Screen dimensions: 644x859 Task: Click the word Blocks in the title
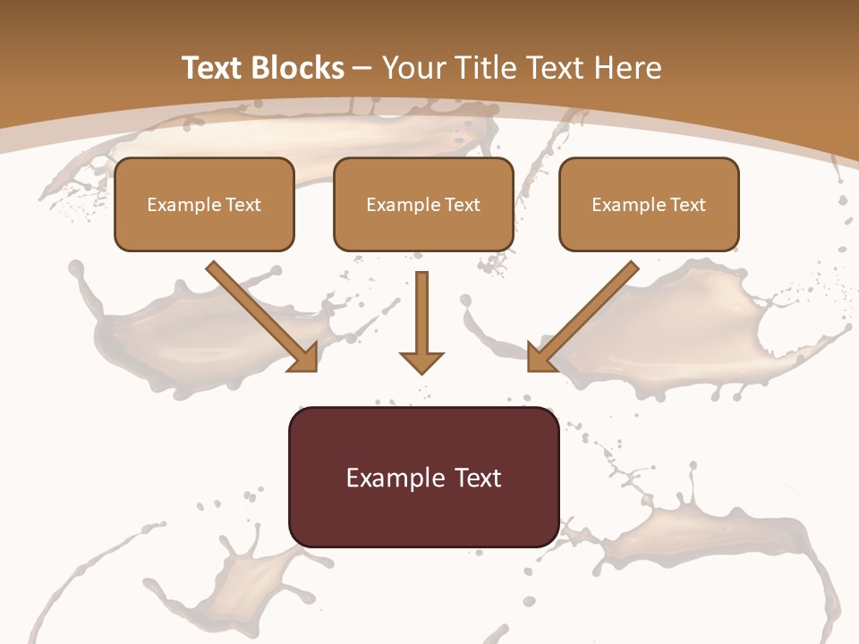coord(300,68)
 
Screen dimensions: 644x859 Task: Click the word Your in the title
coord(412,68)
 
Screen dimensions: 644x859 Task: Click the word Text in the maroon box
coord(478,478)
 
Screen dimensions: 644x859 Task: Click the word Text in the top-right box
coord(687,205)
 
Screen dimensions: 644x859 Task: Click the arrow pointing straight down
coord(421,318)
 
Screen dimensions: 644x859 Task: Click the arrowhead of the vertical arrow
coord(421,361)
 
